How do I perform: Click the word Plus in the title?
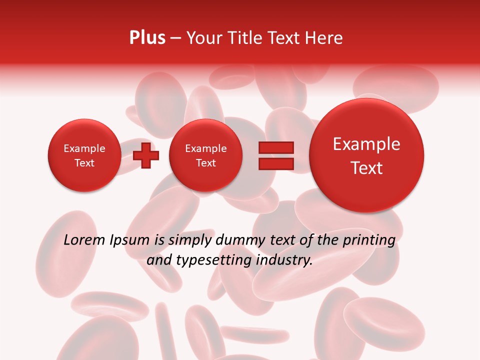[x=147, y=38]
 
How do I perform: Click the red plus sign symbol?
[x=146, y=155]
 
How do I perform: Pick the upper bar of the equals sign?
[x=276, y=147]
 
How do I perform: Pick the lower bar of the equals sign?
[x=276, y=163]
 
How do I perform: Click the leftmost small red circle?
[x=84, y=155]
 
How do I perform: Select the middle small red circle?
[x=205, y=155]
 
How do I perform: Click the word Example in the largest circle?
[x=366, y=144]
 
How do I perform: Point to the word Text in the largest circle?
[x=366, y=168]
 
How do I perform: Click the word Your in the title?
[x=202, y=38]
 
